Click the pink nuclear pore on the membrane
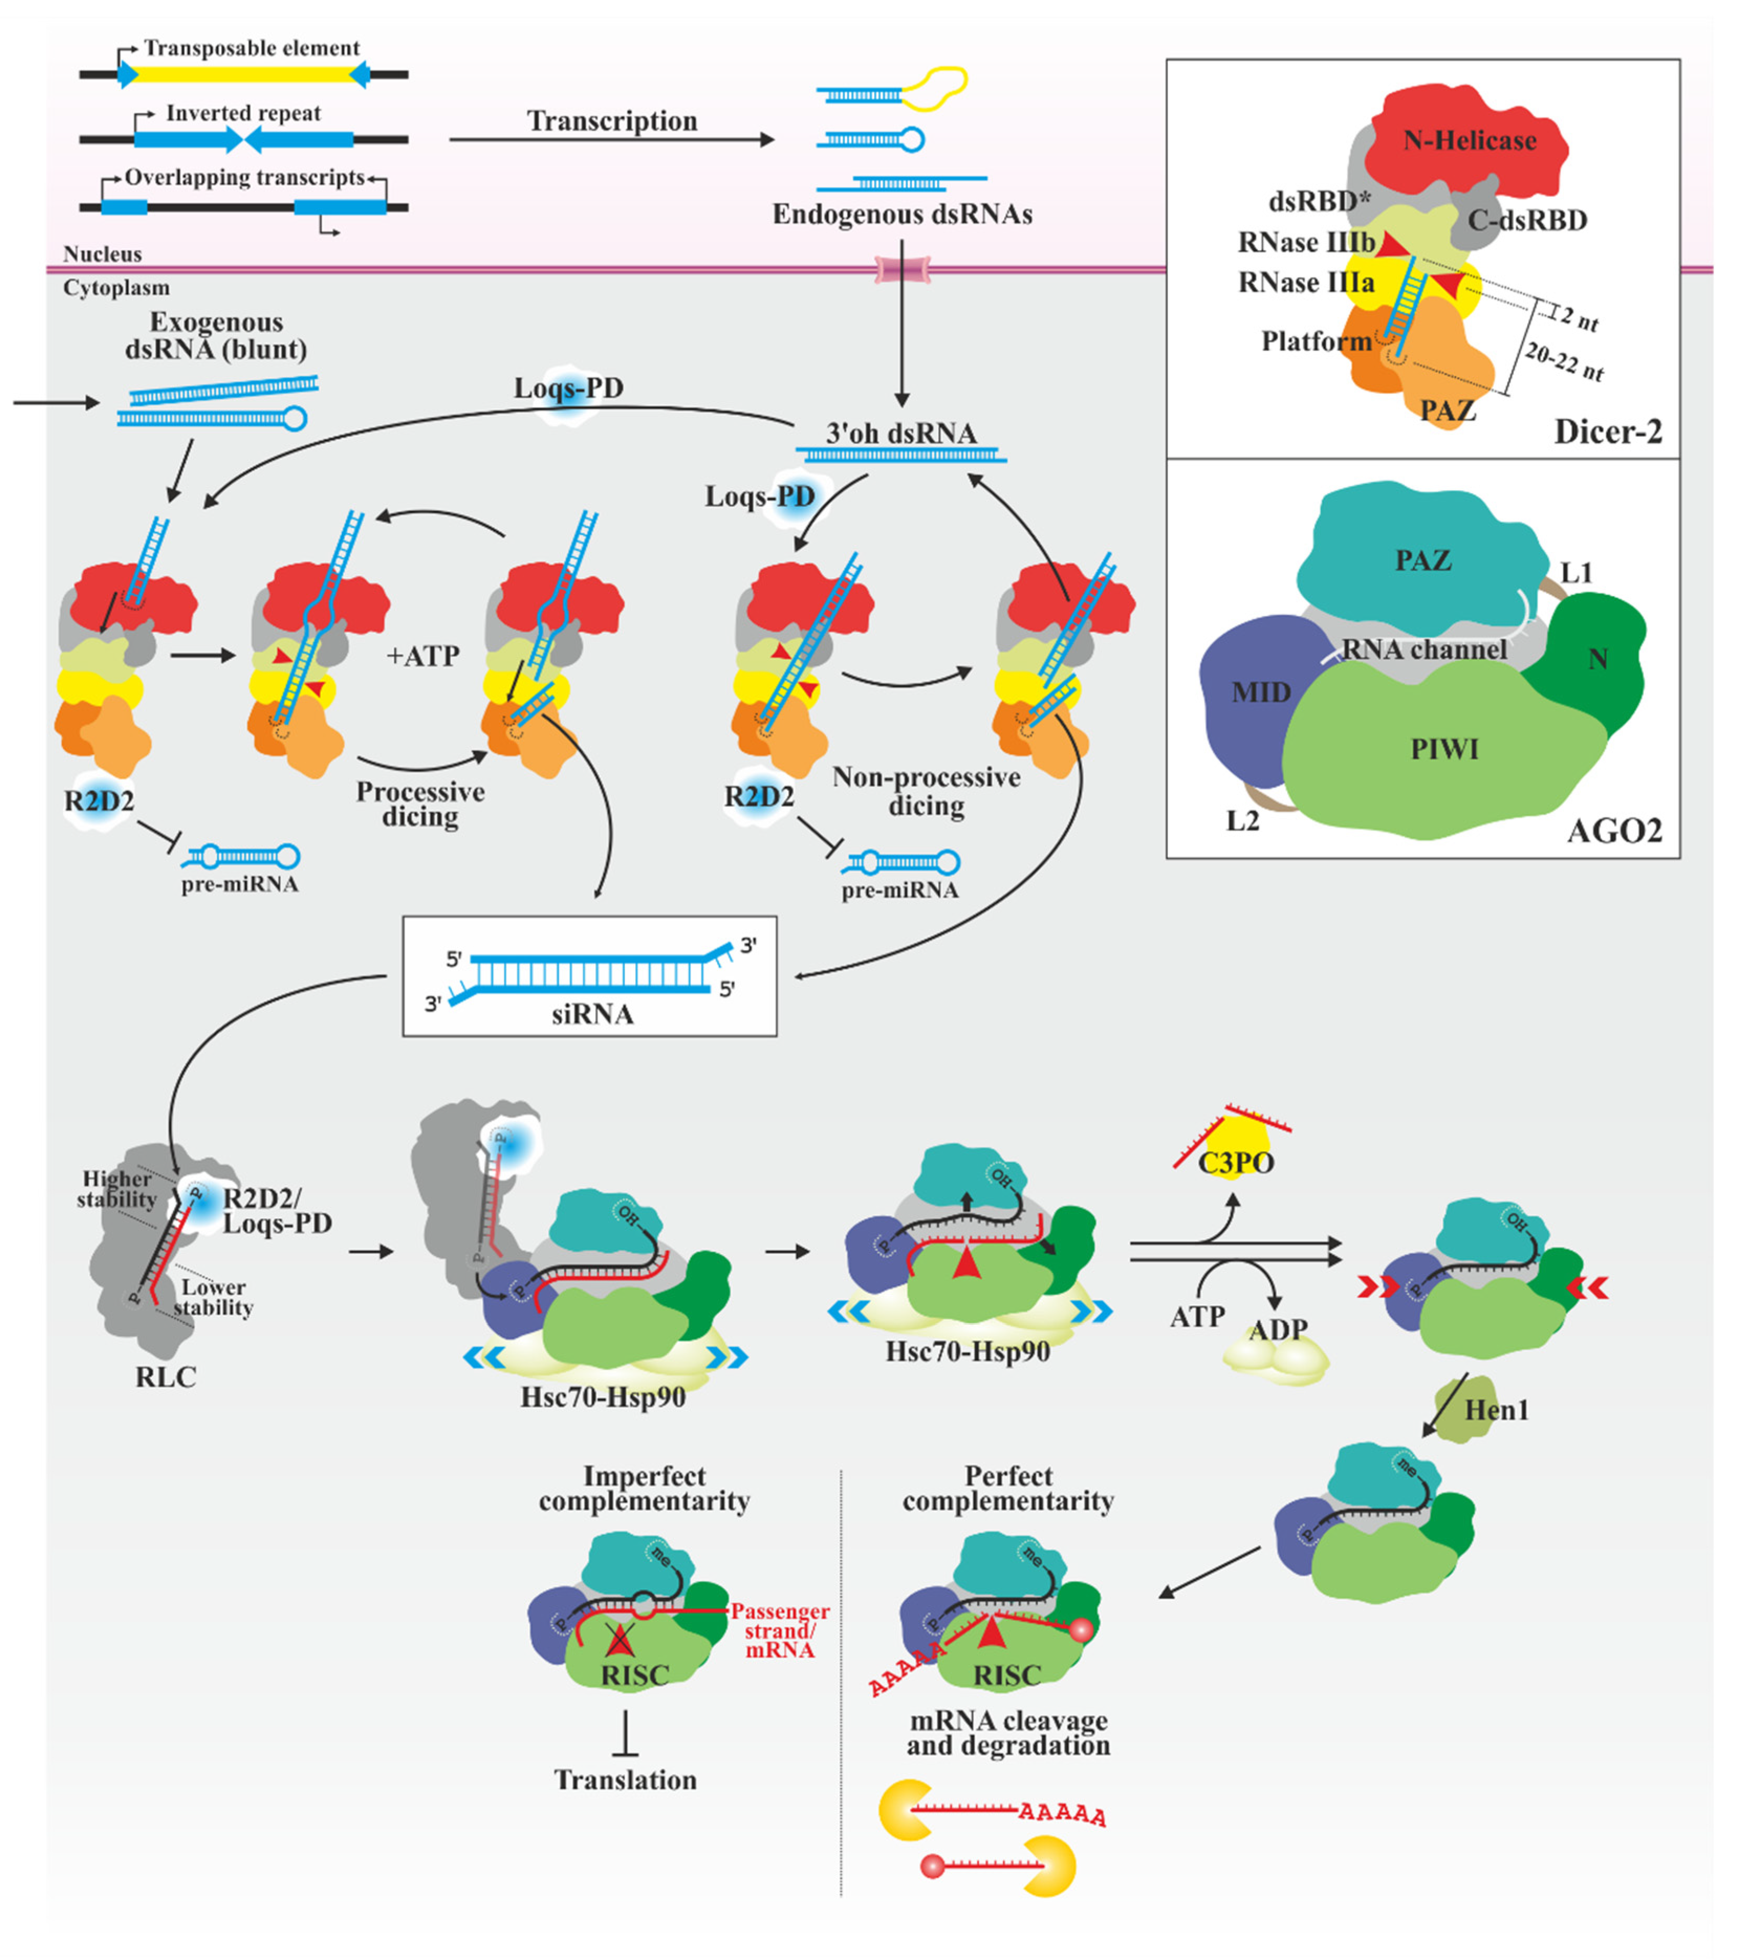[901, 269]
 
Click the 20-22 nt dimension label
[1564, 362]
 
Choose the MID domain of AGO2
[1260, 692]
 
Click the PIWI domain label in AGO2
[1444, 750]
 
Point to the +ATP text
[422, 656]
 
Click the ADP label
[1277, 1329]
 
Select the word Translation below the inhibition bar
[625, 1780]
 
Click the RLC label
[166, 1377]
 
